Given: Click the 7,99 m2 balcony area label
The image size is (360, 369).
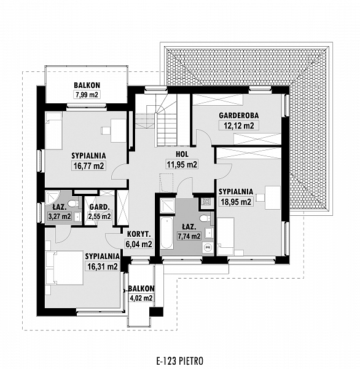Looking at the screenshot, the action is [x=87, y=95].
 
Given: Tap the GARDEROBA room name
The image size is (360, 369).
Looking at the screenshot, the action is [x=238, y=116].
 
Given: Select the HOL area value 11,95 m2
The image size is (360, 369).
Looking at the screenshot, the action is [x=182, y=164].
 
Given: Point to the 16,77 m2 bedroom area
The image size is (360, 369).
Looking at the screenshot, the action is [x=88, y=165].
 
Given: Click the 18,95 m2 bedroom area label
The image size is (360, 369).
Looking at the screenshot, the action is [x=236, y=202].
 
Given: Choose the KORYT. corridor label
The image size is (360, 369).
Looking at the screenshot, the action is [x=139, y=234].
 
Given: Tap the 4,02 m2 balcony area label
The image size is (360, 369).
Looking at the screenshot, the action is [x=141, y=298].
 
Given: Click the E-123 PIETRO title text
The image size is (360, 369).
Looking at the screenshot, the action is [x=179, y=360].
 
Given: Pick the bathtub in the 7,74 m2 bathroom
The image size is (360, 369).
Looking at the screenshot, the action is [x=166, y=232].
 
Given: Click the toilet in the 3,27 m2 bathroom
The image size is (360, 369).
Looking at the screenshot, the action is [x=73, y=204].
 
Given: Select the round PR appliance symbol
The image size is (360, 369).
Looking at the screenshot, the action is [x=208, y=248].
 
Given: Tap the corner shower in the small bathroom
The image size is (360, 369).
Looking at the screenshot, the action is [x=52, y=197].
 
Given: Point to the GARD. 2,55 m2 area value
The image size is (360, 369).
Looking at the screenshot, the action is [x=100, y=216].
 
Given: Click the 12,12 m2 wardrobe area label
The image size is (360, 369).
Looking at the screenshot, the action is [x=238, y=125].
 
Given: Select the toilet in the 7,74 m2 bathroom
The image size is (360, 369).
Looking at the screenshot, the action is [x=205, y=218].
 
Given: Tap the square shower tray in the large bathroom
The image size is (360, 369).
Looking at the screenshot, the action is [x=168, y=206].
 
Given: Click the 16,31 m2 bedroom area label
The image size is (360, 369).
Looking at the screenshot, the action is [x=103, y=267].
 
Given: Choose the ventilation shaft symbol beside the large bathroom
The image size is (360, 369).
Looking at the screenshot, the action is [x=206, y=202].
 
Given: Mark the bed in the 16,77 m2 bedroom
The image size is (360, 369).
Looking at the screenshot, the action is [x=53, y=130].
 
